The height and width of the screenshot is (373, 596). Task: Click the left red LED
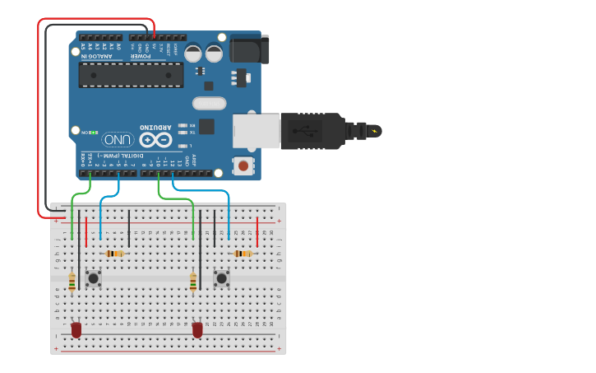[76, 329]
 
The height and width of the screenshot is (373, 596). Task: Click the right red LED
[197, 329]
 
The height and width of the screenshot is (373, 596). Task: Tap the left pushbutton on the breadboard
[94, 278]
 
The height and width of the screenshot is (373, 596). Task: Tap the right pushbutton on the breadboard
[221, 278]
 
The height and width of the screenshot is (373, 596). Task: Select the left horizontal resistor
[115, 254]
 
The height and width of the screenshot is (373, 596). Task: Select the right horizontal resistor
[243, 254]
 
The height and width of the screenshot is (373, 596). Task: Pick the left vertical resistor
[72, 282]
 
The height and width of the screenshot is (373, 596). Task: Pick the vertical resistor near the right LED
[193, 282]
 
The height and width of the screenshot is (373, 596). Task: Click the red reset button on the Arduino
[243, 166]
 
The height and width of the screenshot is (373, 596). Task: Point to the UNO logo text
[115, 139]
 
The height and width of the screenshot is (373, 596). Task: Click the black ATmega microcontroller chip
[132, 74]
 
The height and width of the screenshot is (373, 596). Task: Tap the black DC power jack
[249, 49]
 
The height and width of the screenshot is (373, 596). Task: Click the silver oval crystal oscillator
[209, 104]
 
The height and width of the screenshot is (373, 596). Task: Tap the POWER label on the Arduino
[147, 56]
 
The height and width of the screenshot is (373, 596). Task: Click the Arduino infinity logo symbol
[155, 139]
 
